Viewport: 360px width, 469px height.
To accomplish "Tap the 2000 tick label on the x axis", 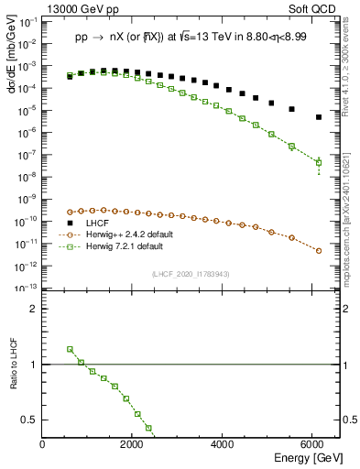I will click(133, 446).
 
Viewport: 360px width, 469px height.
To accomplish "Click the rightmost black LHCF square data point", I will click(318, 117).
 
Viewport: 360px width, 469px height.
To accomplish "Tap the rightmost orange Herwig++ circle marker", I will click(318, 250).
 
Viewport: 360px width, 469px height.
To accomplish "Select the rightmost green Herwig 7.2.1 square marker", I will click(318, 163).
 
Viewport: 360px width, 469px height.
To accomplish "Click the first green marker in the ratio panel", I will click(70, 349).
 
